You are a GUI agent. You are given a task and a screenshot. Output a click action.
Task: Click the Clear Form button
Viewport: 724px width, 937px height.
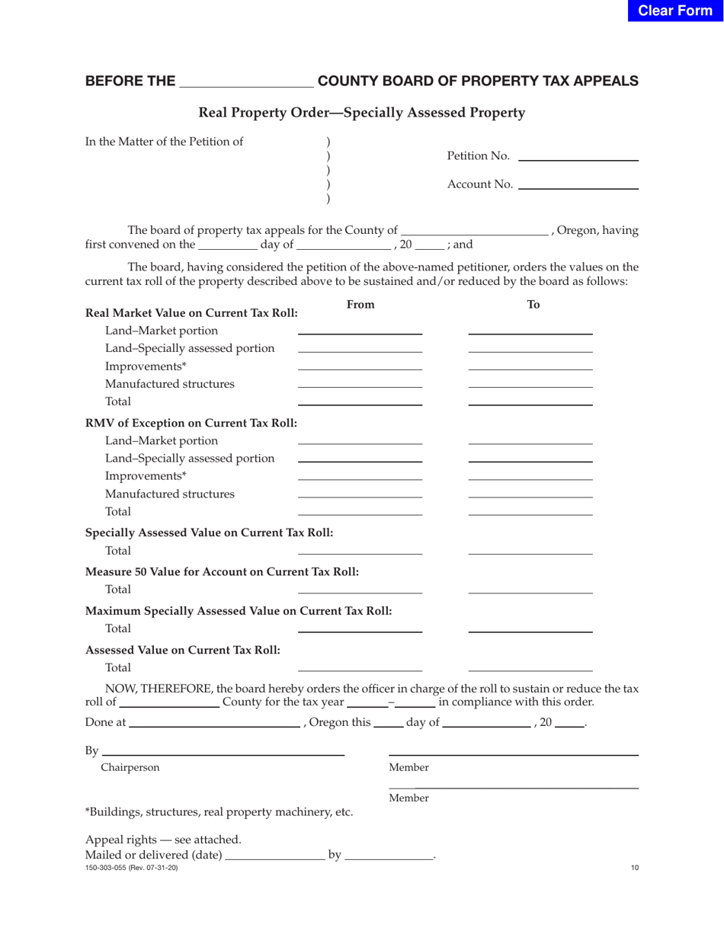coord(675,11)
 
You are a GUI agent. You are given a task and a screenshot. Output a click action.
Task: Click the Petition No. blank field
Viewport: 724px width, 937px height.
coord(577,156)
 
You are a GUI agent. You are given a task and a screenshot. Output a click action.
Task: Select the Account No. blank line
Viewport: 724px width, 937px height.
coord(577,184)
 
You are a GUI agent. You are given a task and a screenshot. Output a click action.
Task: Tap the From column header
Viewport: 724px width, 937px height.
coord(360,305)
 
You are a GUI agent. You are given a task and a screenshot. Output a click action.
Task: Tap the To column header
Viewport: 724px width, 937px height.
coord(533,305)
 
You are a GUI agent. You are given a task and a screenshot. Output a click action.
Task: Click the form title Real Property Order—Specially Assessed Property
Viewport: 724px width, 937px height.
coord(361,113)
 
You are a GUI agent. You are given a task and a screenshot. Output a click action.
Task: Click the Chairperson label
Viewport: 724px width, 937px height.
coord(130,768)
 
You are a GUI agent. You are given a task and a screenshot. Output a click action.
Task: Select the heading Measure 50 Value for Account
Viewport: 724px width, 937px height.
coord(222,571)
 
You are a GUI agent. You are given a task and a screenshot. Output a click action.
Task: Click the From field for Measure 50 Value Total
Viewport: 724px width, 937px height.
coord(360,589)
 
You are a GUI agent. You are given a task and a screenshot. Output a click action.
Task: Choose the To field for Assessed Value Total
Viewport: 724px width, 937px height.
coord(530,667)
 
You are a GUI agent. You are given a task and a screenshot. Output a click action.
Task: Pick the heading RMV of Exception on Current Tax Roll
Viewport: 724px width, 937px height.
coord(191,423)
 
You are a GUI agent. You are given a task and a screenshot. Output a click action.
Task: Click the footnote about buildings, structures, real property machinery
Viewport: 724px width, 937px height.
coord(219,812)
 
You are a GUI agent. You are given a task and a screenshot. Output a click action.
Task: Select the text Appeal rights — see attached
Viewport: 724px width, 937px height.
coord(163,839)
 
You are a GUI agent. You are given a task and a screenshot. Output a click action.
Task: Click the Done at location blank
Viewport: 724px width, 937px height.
coord(214,722)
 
